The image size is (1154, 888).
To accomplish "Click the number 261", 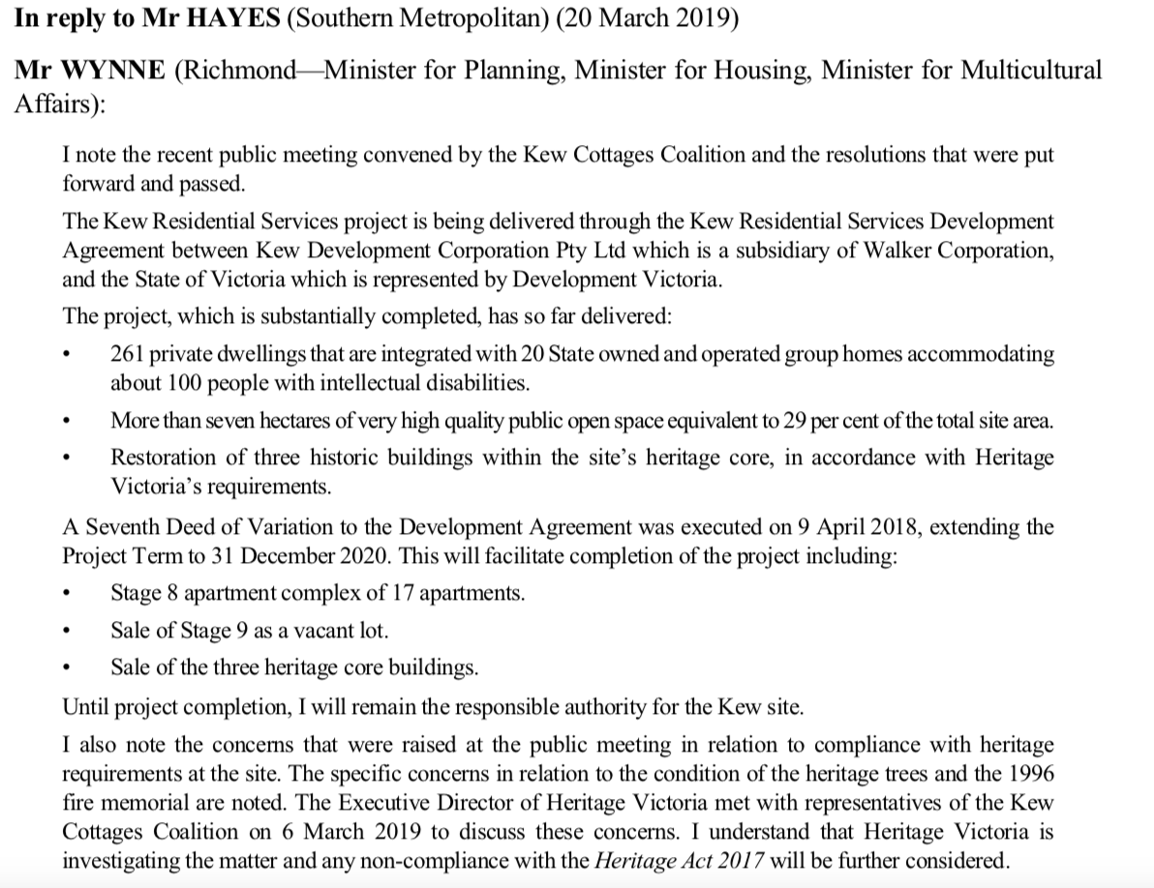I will tap(129, 354).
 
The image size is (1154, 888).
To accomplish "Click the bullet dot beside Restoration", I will tap(66, 458).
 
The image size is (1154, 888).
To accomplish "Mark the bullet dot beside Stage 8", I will tap(66, 594).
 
